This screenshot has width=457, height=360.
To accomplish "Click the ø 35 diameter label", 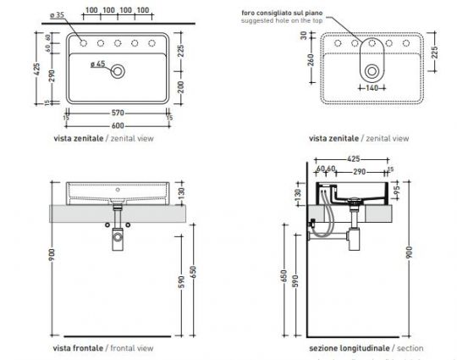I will click(57, 16).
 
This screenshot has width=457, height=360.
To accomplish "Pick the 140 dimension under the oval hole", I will click(370, 88).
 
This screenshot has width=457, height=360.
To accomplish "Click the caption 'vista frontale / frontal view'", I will click(102, 347).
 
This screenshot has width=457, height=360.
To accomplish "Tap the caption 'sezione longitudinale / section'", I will click(366, 347).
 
